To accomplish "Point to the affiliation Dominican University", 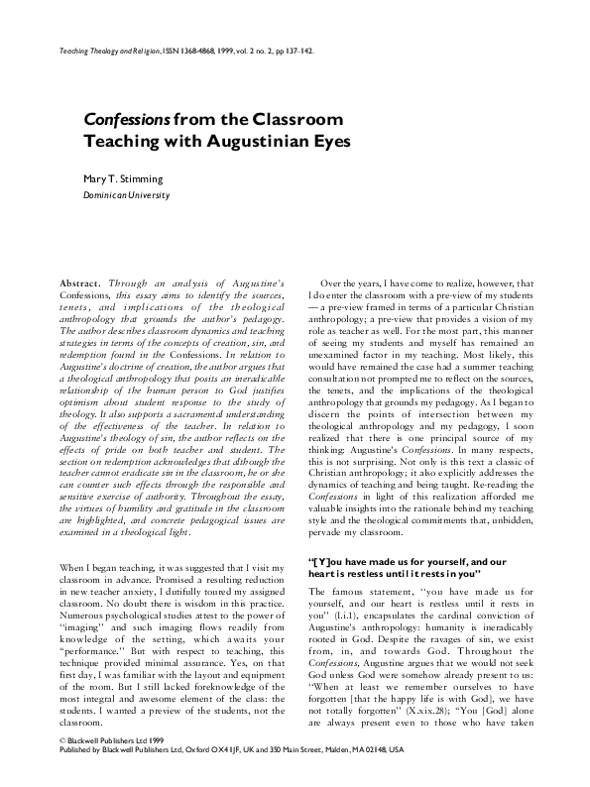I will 126,195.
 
